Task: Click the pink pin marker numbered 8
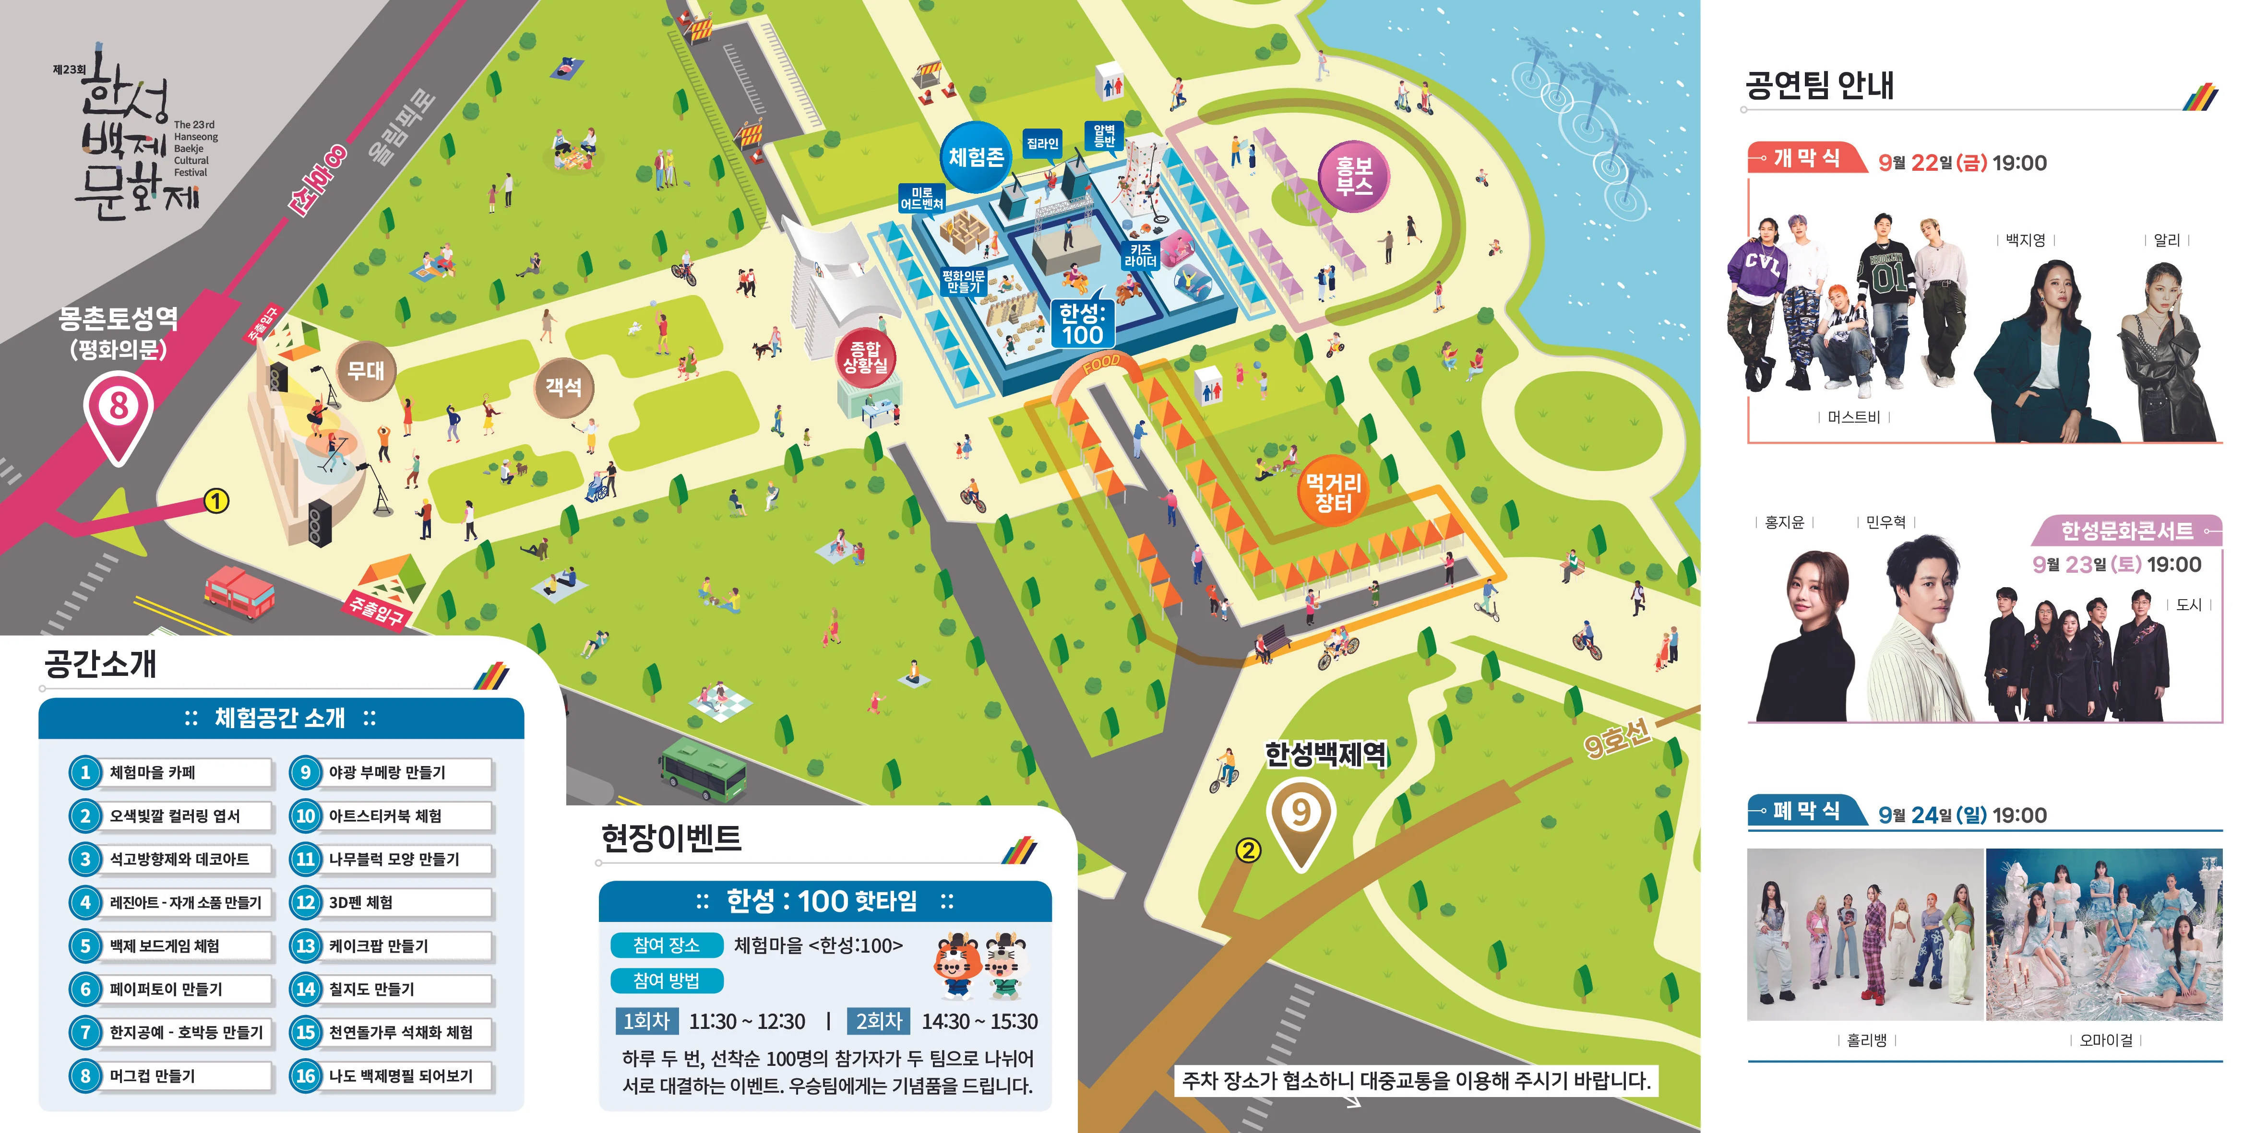point(118,408)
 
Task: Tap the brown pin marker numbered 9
point(1301,814)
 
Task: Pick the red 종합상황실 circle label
point(865,357)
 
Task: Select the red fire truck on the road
point(239,590)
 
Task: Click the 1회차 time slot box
point(646,1021)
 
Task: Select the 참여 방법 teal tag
point(666,981)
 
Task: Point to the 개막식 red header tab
point(1806,158)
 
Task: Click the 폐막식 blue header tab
point(1806,811)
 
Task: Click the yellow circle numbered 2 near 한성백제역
point(1248,850)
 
